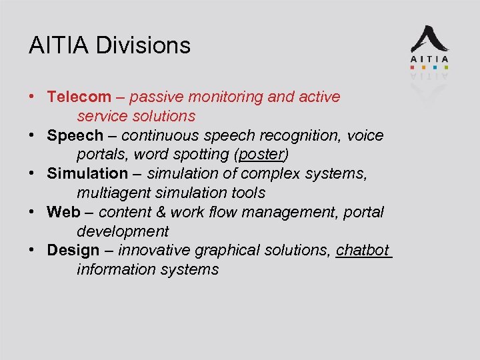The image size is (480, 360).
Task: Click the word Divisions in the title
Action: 143,45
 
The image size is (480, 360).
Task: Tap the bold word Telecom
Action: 73,97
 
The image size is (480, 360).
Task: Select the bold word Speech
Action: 75,135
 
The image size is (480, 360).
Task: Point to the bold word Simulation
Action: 87,173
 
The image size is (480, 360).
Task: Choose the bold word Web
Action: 63,212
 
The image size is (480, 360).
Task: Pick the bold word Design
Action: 73,250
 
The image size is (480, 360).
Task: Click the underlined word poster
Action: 262,155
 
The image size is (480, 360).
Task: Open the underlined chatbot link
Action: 363,250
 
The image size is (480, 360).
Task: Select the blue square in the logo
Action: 435,67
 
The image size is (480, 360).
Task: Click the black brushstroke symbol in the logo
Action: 429,40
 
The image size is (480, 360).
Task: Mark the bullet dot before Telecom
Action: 32,97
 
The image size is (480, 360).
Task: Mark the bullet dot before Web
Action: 32,212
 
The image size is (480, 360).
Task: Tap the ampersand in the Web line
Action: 161,212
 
